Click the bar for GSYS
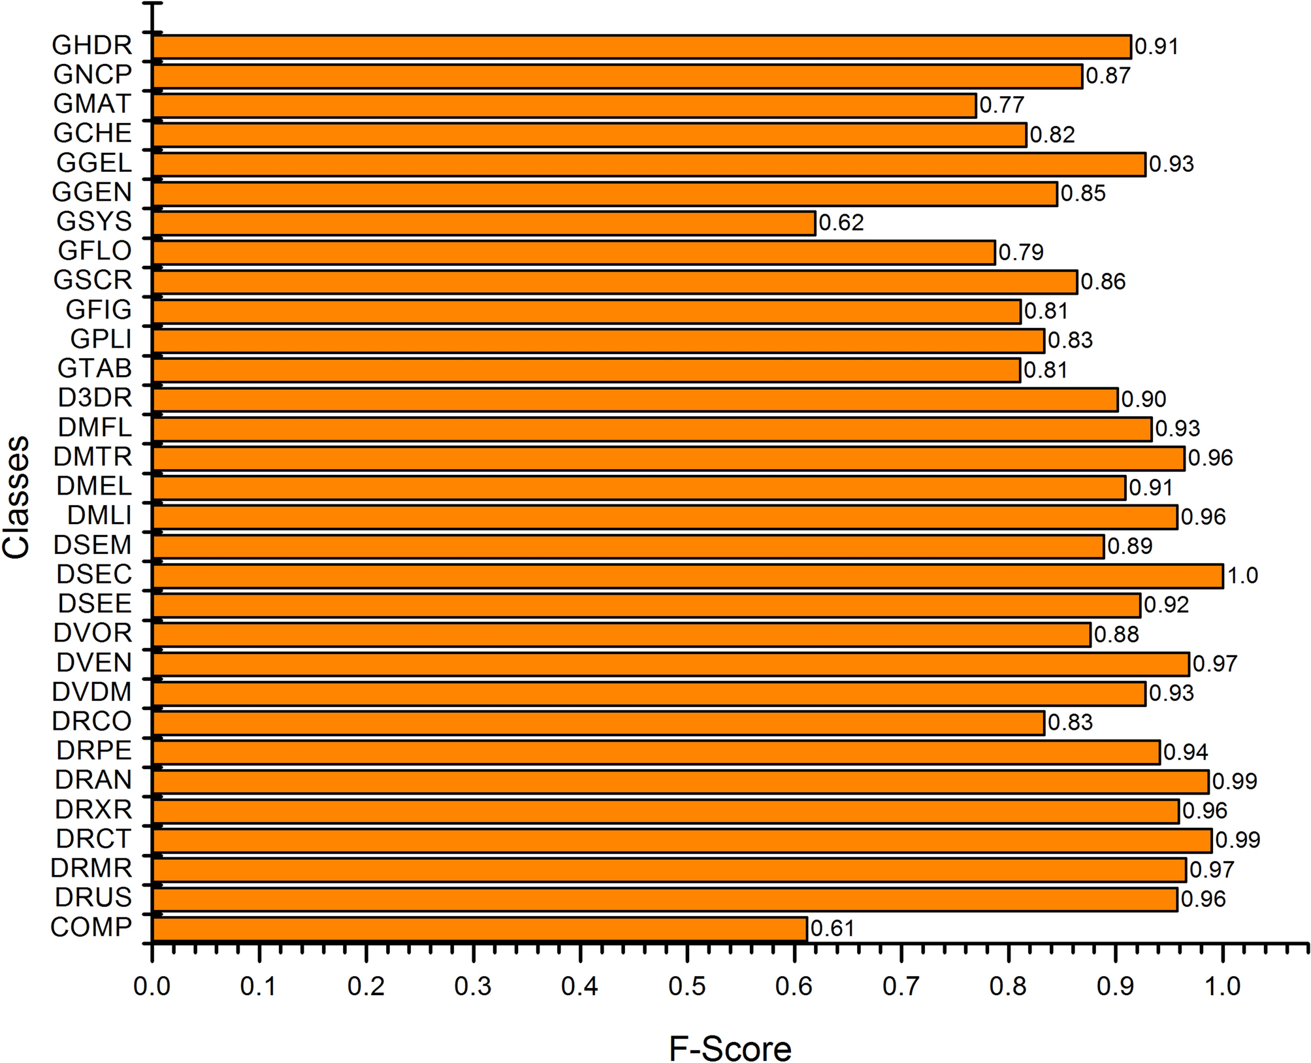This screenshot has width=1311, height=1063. coord(483,223)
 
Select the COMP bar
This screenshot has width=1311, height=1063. coord(479,928)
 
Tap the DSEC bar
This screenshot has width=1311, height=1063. coord(687,576)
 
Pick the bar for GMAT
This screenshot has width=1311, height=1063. coord(564,105)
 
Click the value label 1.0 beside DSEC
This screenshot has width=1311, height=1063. coord(1242,576)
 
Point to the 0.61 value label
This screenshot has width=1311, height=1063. coord(832,928)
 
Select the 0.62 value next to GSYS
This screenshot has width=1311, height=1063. coord(841,223)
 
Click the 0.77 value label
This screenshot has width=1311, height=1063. coord(1001,105)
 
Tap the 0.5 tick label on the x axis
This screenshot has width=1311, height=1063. coord(687,986)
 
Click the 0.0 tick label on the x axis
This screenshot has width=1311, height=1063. coord(152,986)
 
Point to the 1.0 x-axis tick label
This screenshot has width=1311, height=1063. coord(1222,986)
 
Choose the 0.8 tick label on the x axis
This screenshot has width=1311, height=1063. coord(1008,986)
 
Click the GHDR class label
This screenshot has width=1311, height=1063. coord(92,46)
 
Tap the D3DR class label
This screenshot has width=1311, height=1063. coord(95,398)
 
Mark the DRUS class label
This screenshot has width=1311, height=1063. coord(93,898)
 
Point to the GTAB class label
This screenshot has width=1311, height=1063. coord(95,369)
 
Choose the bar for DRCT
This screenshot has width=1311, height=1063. coord(681,840)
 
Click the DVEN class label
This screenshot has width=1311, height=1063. coord(94,663)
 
